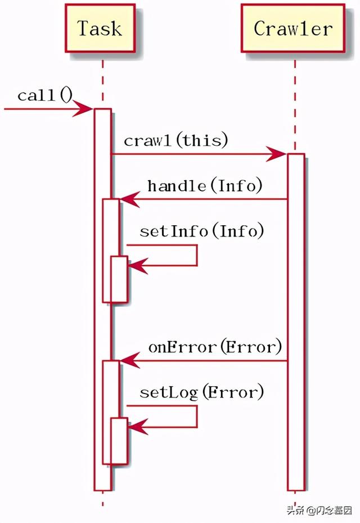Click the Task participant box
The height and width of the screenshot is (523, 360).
point(100,28)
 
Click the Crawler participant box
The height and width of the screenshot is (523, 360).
point(292,28)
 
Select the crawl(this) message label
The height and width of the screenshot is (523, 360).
point(176,140)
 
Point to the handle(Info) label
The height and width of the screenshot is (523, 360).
point(205,185)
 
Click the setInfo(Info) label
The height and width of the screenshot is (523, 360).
point(201,231)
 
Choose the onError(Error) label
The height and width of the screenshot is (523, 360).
point(215,347)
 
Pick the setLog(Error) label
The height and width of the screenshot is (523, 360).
point(201,392)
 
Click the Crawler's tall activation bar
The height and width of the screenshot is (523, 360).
point(296,321)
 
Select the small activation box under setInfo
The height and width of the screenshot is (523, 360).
point(119,279)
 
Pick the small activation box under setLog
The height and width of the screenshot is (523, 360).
point(119,441)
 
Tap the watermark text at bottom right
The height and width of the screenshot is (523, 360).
point(319,511)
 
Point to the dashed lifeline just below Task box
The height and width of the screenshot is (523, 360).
point(102,79)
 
